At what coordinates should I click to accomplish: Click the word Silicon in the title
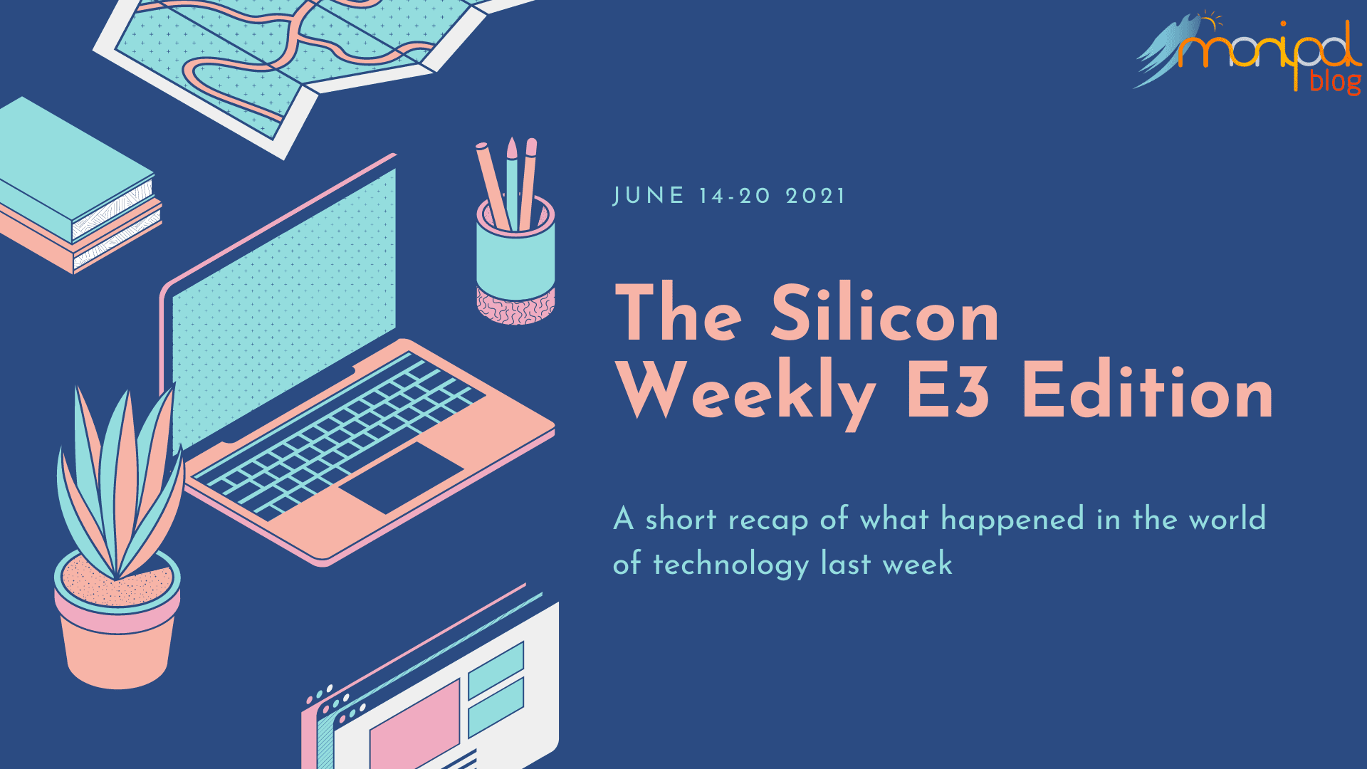(885, 313)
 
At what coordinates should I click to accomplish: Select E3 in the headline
(948, 389)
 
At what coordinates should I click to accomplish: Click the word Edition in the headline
(1147, 389)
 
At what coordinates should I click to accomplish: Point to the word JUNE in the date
(649, 196)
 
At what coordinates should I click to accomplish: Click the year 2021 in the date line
(815, 196)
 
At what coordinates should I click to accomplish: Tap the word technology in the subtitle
(731, 564)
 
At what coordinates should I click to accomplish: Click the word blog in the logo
(1336, 81)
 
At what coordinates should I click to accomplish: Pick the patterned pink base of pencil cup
(515, 306)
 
